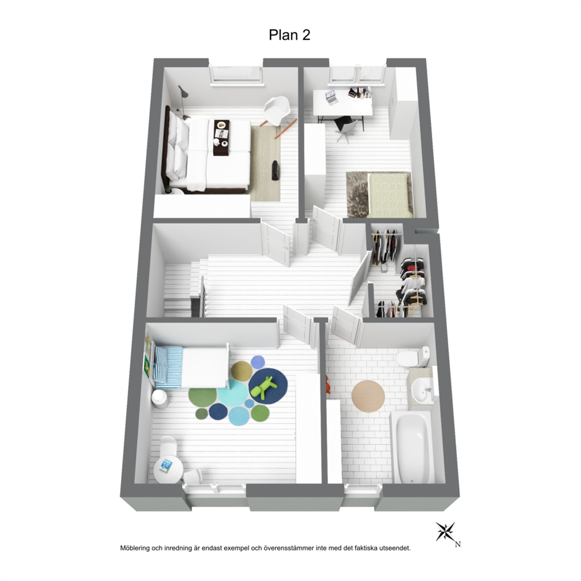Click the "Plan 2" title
289,35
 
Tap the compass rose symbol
445,531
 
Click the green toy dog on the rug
263,388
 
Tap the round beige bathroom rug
368,396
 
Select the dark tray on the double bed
221,138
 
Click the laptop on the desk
331,97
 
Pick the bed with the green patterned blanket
390,195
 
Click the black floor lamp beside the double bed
182,100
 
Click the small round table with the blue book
168,470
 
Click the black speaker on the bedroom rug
276,170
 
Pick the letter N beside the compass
458,544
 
